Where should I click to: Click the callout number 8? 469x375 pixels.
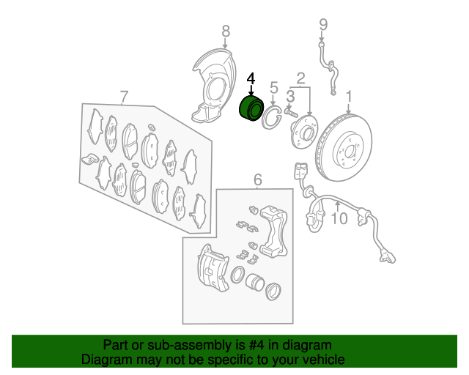tap(226, 31)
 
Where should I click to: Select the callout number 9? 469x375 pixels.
tap(323, 25)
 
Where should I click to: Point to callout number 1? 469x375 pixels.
tap(349, 97)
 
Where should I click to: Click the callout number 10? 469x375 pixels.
tap(339, 218)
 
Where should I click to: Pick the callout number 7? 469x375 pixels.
tap(124, 97)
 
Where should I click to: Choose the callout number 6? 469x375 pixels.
tap(258, 179)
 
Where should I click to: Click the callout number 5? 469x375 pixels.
tap(273, 88)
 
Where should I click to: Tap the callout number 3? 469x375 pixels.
tap(290, 97)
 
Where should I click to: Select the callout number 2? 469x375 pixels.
tap(300, 78)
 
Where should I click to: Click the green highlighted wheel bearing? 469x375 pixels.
tap(251, 108)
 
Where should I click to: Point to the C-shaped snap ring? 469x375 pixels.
tap(272, 117)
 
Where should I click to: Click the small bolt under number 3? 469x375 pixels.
tap(291, 113)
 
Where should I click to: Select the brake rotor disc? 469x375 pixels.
tap(344, 147)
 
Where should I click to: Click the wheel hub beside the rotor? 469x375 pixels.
tap(304, 132)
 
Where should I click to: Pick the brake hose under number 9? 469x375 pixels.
tap(328, 69)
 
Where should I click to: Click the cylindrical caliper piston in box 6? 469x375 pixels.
tap(255, 282)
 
